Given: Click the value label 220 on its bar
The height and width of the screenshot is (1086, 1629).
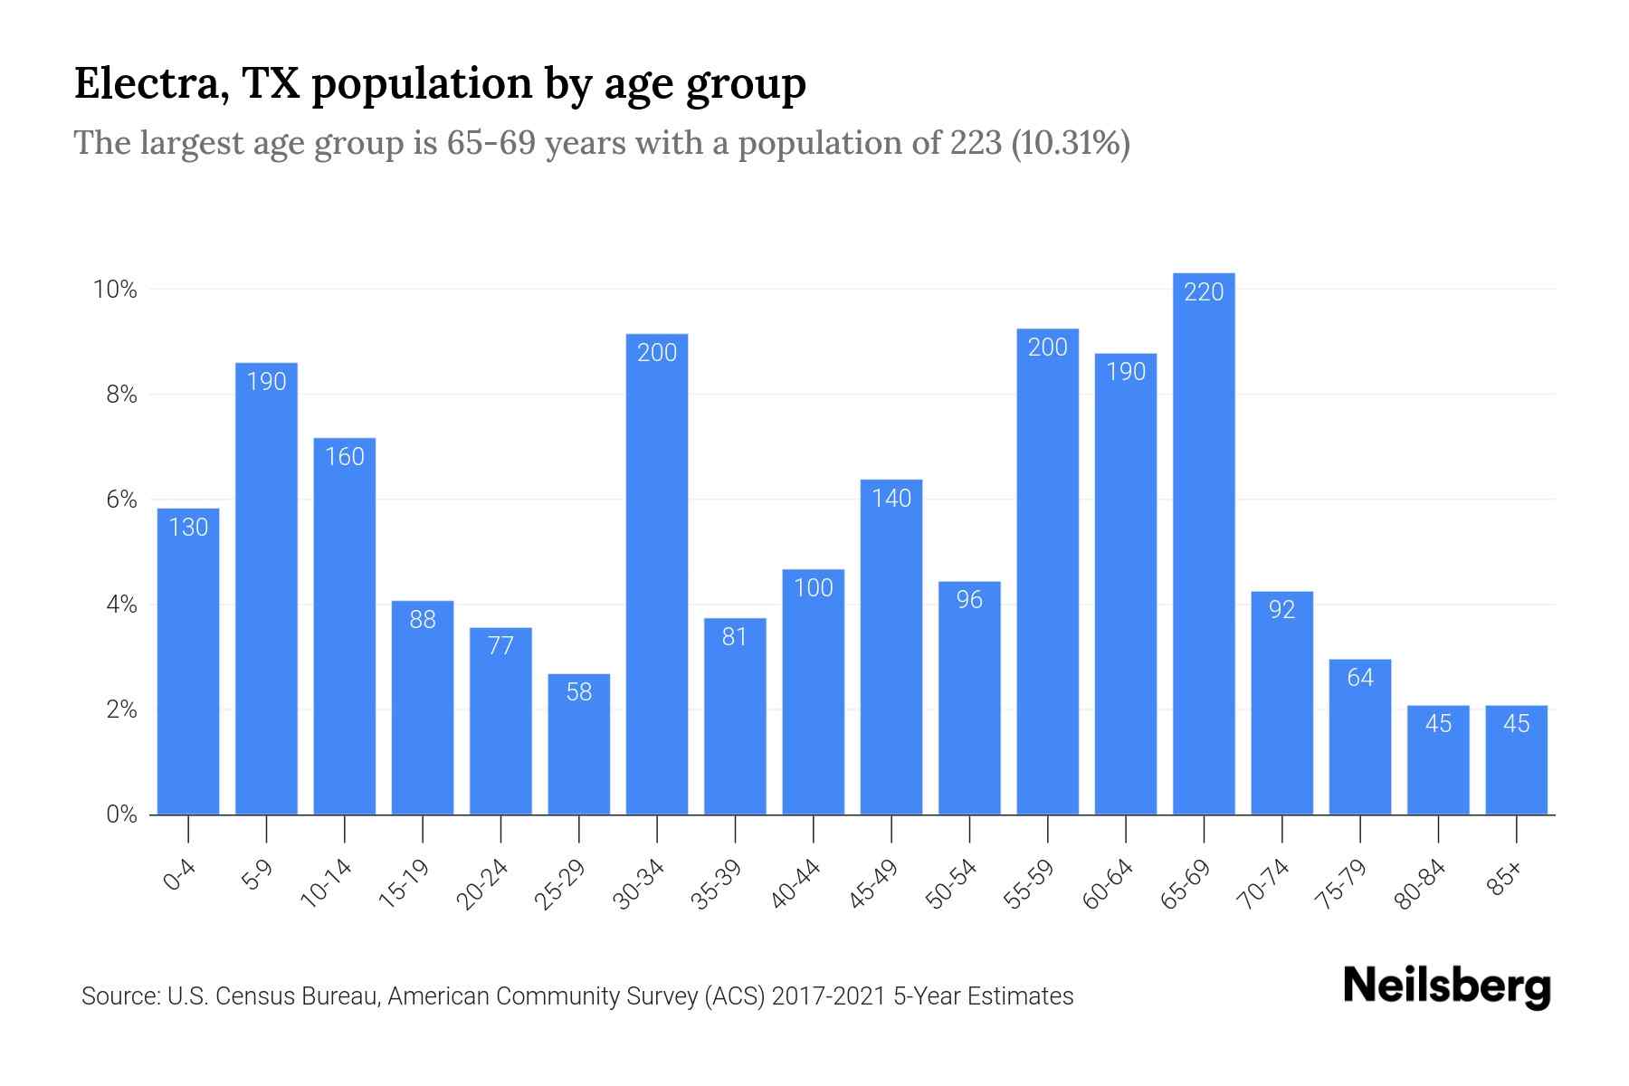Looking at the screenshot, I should pos(1204,292).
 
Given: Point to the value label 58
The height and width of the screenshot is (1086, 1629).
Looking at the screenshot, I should pos(579,692).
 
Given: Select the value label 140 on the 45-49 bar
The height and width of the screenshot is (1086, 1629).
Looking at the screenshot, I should pos(891,499).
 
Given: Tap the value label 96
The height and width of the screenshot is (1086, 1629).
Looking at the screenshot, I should pos(969,600).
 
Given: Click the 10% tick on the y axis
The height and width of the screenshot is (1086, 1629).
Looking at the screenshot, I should pos(115,290).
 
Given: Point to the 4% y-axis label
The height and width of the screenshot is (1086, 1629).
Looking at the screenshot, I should pos(121,605).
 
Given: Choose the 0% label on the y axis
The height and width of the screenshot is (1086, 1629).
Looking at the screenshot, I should pos(121,814).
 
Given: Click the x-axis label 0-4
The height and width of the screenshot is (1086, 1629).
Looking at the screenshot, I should pos(180,876).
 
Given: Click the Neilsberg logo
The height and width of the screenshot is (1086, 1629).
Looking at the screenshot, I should pos(1446,986).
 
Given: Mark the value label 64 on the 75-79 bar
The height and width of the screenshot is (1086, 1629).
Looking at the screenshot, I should pos(1360,678).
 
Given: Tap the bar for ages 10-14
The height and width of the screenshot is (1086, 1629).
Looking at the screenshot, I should pos(345,633).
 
